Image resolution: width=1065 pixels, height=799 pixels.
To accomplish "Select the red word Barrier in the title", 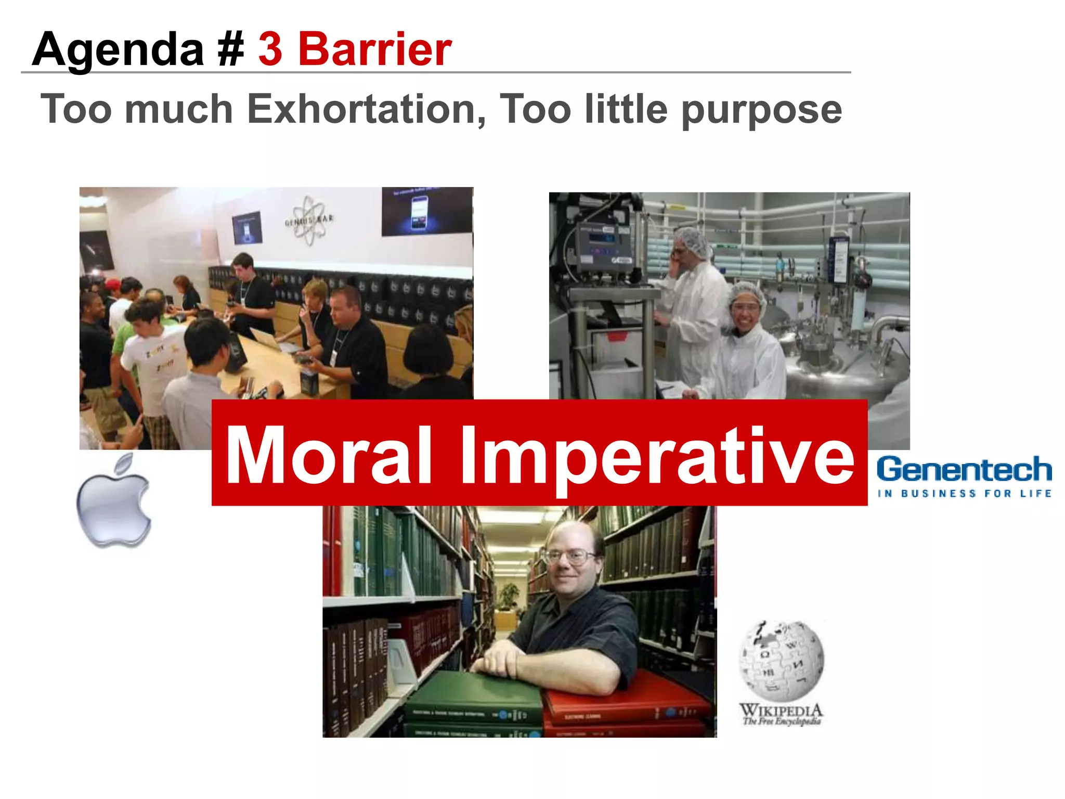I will [x=374, y=49].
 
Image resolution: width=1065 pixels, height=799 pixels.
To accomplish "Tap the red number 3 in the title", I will [x=270, y=49].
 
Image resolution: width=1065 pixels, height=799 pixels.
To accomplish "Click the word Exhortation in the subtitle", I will [x=367, y=109].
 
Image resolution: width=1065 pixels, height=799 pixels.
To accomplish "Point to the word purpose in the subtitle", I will [x=761, y=110].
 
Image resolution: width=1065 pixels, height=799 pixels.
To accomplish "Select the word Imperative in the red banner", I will [x=657, y=457].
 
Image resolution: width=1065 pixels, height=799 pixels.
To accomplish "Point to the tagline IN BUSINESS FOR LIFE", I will [x=964, y=493].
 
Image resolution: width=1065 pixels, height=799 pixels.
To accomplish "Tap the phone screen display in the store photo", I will [x=419, y=212].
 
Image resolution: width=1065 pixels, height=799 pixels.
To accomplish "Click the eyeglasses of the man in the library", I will [x=569, y=557].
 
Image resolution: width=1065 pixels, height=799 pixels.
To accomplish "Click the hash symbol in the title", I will [x=231, y=49].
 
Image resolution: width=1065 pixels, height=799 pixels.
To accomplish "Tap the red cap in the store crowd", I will [x=112, y=285].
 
